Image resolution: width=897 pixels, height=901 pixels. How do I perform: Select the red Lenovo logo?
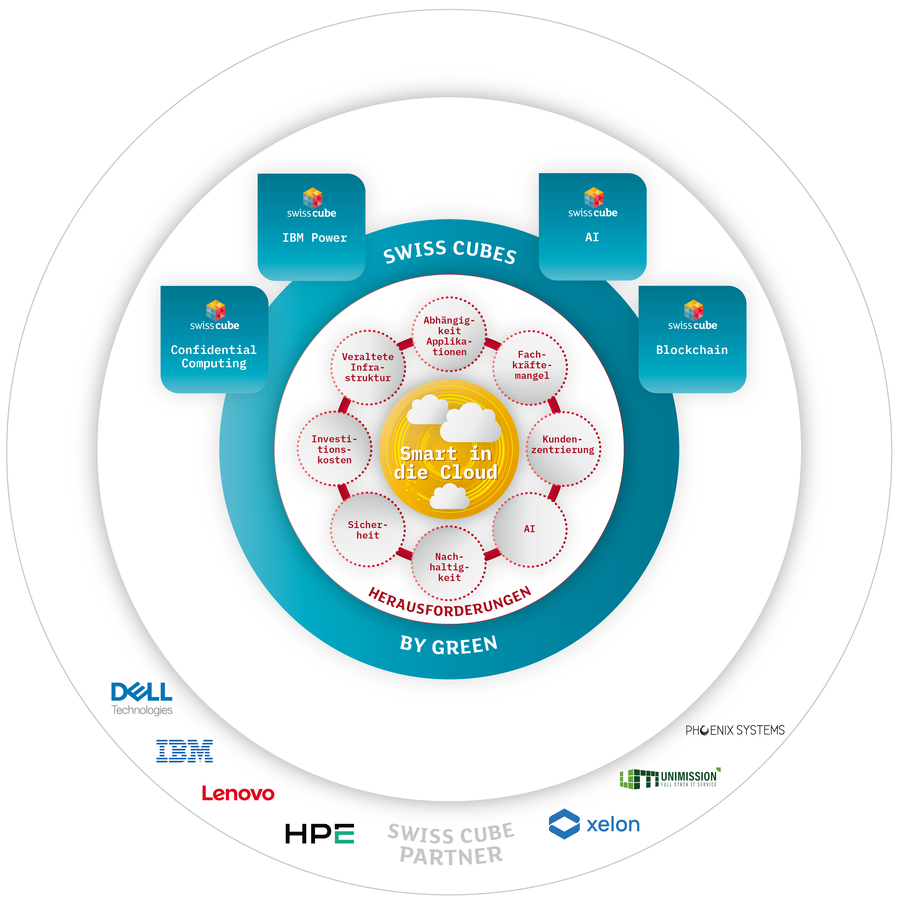tap(238, 793)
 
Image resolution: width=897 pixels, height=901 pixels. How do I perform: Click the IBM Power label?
tap(315, 238)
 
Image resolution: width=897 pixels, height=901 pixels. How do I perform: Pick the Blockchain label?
tap(692, 350)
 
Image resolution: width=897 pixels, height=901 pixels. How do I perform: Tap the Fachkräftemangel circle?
tap(530, 368)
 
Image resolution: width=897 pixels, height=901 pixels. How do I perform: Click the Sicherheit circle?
tap(368, 529)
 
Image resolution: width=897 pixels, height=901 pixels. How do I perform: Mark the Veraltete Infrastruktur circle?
tap(368, 368)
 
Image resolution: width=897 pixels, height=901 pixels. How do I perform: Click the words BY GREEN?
tap(449, 645)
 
